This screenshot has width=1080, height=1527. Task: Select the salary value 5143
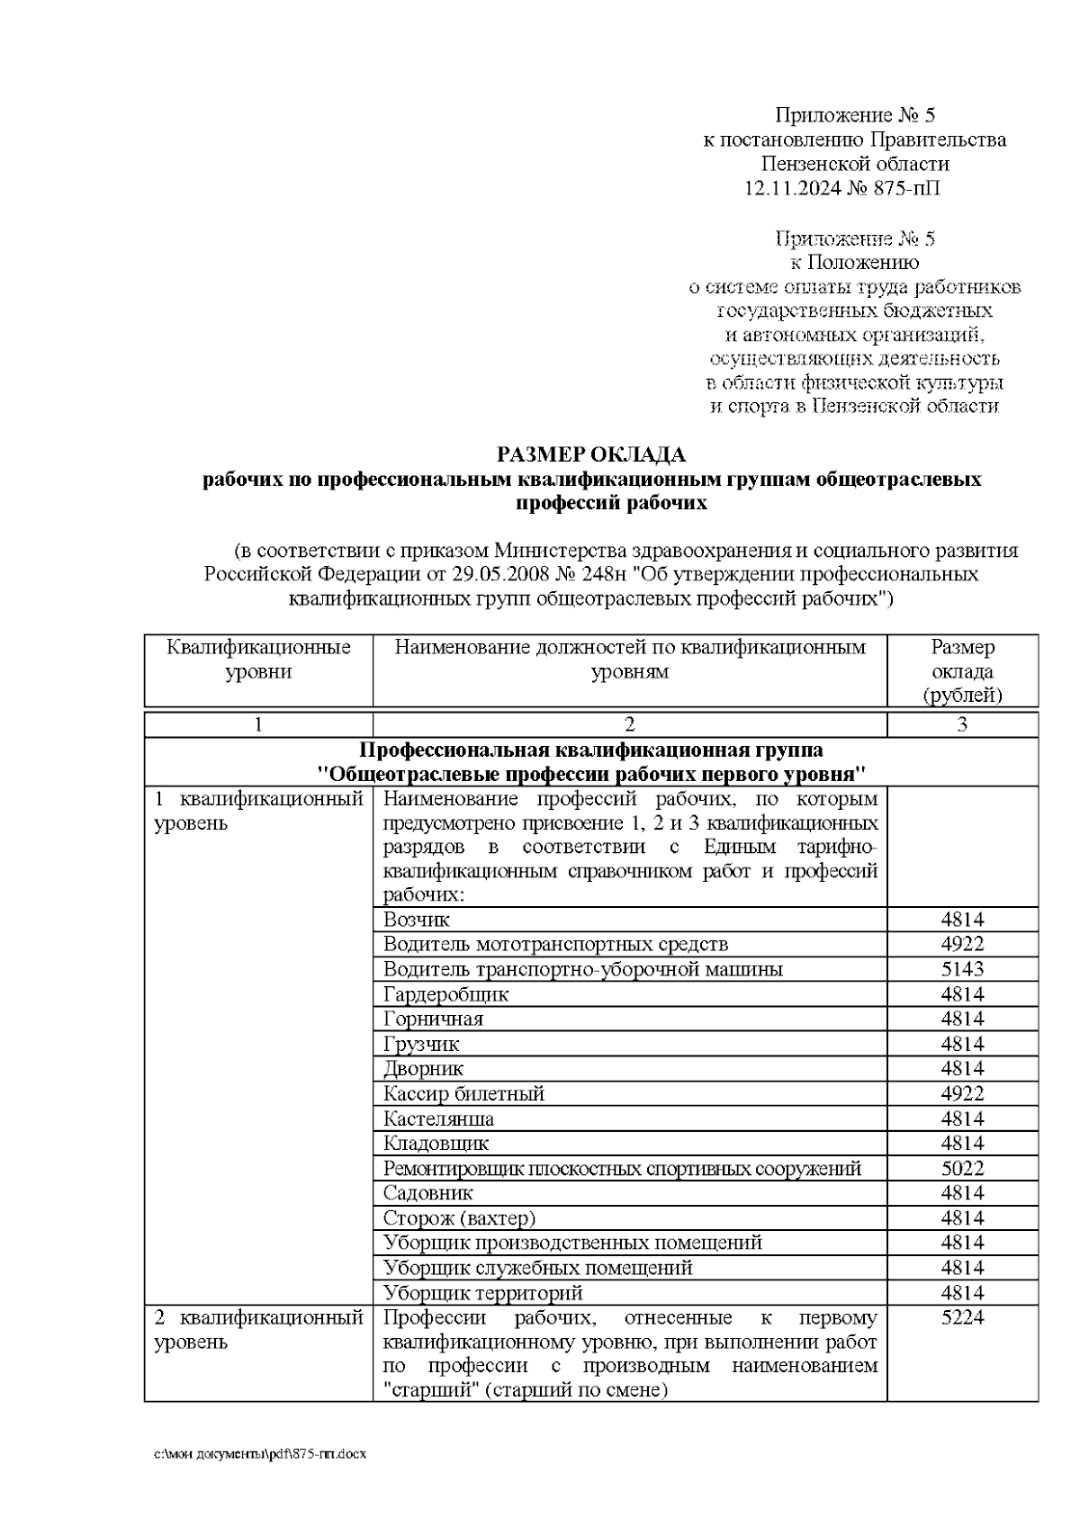click(962, 969)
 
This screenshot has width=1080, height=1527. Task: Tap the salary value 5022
click(962, 1169)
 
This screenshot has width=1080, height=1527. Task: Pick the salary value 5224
click(962, 1318)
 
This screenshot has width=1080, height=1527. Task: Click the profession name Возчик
click(417, 920)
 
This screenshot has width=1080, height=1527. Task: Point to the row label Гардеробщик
click(445, 994)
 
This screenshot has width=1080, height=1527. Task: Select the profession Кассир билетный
click(463, 1094)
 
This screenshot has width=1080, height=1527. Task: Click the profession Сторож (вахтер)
click(459, 1218)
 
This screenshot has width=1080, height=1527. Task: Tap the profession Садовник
click(427, 1193)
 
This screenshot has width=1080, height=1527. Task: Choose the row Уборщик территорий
click(482, 1293)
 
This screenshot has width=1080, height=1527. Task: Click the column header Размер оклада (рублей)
click(962, 671)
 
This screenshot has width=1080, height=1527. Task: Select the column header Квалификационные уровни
click(259, 660)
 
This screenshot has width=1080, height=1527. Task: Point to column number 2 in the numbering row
click(630, 725)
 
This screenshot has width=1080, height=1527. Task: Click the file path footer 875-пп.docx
click(261, 1454)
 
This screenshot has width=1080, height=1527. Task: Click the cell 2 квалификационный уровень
click(258, 1330)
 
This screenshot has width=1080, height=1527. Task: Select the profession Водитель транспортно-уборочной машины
click(582, 969)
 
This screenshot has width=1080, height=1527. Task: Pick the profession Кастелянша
click(438, 1119)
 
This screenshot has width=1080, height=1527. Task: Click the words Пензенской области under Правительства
click(854, 164)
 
